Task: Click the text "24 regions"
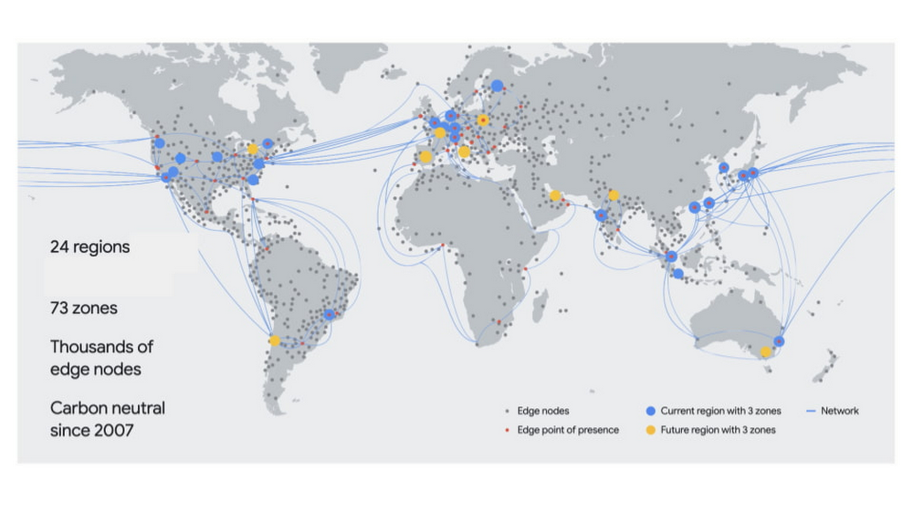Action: click(x=89, y=246)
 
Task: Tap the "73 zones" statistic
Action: click(x=84, y=309)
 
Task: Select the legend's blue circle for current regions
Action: click(x=650, y=412)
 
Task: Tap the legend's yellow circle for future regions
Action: click(x=650, y=430)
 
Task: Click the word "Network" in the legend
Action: click(x=839, y=412)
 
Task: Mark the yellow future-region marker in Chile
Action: click(x=275, y=341)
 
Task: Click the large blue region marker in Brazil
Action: click(x=329, y=315)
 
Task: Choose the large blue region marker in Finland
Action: click(x=497, y=86)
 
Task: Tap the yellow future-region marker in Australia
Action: click(x=766, y=351)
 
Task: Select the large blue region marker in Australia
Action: click(x=779, y=341)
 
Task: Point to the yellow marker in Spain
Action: click(x=425, y=157)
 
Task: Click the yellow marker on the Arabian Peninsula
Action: click(x=555, y=195)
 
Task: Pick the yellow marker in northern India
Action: click(x=614, y=194)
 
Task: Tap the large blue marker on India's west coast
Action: click(x=601, y=215)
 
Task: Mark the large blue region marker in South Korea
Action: click(x=723, y=168)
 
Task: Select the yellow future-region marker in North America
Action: click(x=253, y=149)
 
